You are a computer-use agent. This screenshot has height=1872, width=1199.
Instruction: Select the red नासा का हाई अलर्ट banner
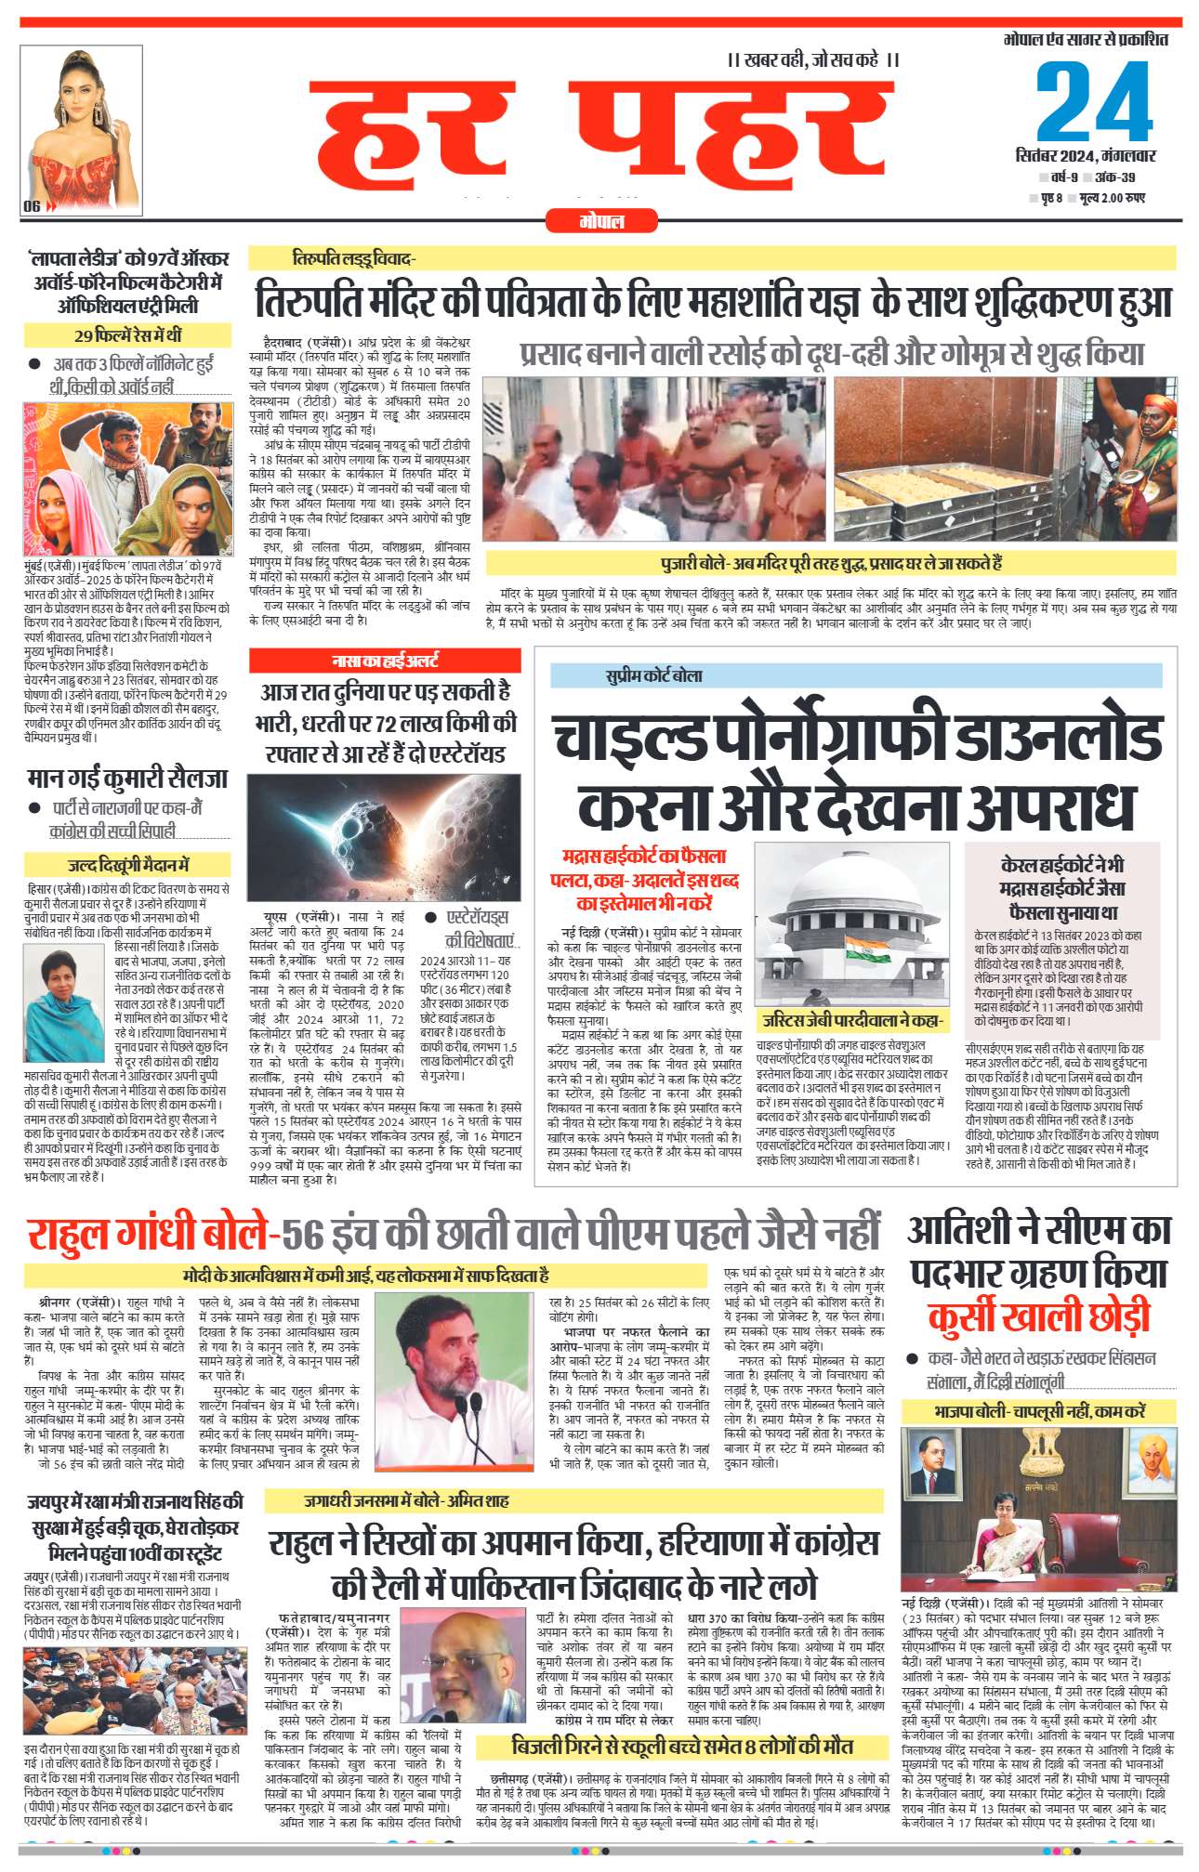click(385, 661)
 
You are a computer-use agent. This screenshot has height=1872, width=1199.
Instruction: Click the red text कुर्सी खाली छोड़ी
click(1038, 1316)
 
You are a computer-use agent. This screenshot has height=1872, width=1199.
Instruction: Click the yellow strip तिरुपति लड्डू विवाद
click(353, 258)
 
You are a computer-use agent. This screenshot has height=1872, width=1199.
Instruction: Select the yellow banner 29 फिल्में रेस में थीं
click(127, 335)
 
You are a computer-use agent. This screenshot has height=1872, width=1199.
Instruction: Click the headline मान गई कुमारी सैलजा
click(127, 777)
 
